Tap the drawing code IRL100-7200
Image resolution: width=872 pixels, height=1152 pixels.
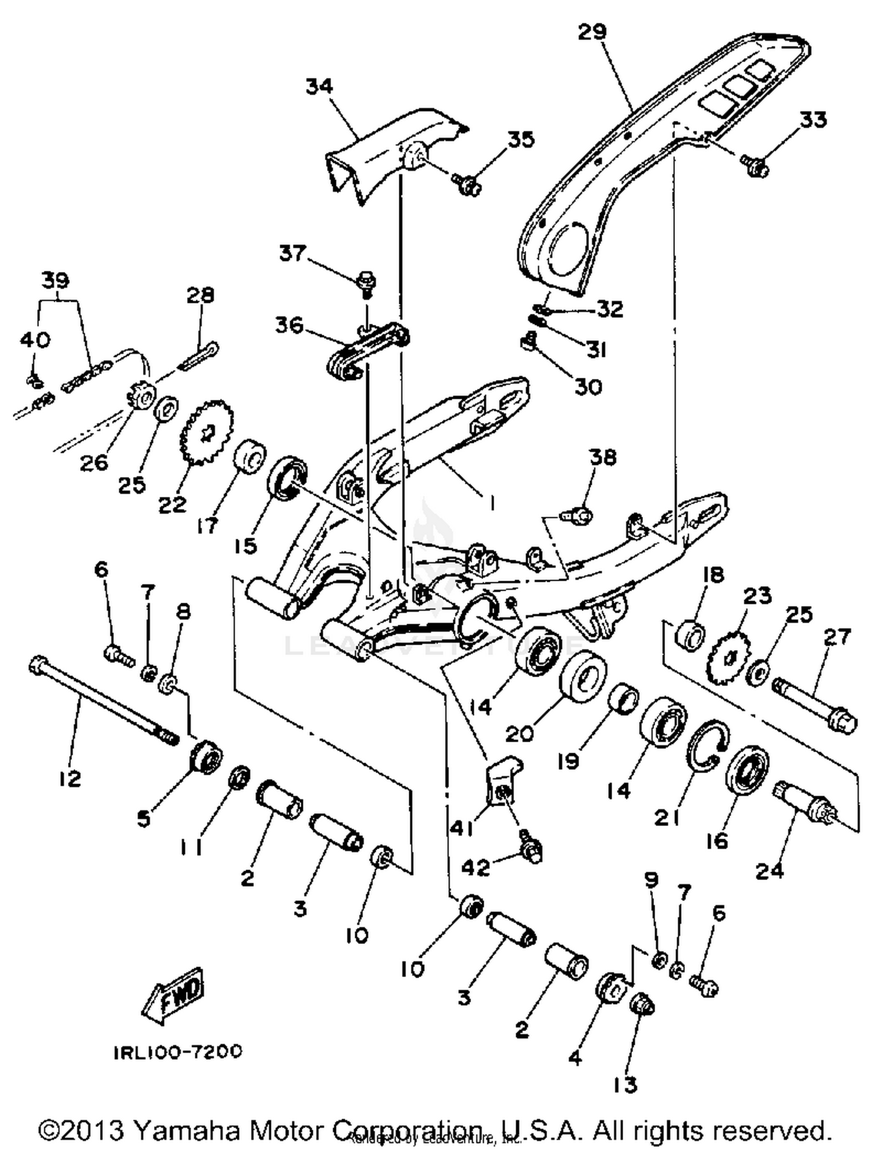coord(177,1051)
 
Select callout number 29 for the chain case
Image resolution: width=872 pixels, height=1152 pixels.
coord(592,32)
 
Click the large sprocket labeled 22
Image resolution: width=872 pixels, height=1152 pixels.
coord(208,431)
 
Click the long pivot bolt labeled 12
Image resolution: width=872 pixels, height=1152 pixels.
coord(102,701)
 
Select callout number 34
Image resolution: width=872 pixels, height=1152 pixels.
coord(319,86)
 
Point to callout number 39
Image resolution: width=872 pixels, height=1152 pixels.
coord(55,280)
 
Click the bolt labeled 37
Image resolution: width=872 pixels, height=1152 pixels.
coord(367,282)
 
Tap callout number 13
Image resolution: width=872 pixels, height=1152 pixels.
coord(625,1085)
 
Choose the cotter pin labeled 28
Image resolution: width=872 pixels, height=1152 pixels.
coord(199,356)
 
